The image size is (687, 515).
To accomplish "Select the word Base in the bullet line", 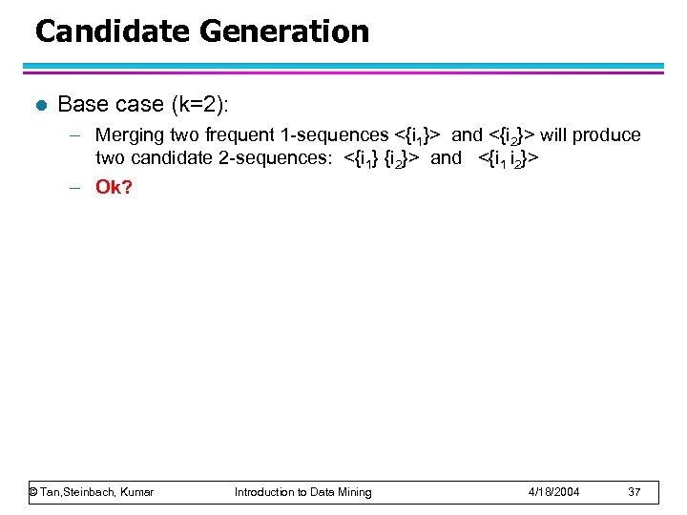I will coord(81,104).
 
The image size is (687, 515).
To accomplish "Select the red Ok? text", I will coord(114,186).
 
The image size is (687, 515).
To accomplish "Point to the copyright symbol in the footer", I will coord(33,492).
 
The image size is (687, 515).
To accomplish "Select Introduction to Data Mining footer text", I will coord(303,492).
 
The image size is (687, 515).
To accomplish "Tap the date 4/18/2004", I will coord(554,492).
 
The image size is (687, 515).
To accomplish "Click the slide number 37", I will coord(635,492).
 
